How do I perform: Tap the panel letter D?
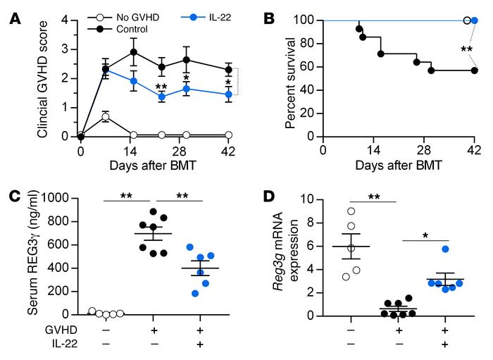coord(269,195)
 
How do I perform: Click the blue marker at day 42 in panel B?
coord(474,20)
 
